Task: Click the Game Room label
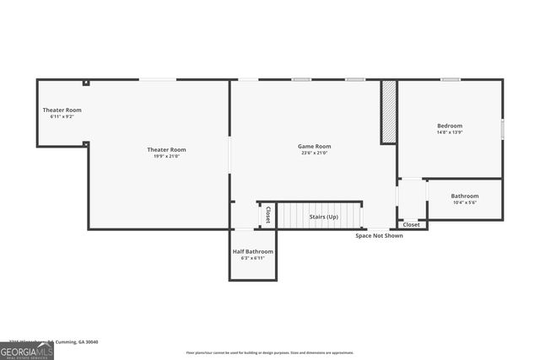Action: coord(314,146)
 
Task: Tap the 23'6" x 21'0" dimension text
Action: coord(314,153)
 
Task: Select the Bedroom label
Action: coord(450,126)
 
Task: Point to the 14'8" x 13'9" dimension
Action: coord(450,132)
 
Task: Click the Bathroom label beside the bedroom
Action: coord(465,196)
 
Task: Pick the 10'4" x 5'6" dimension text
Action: coord(465,202)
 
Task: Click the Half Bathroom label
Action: coord(252,251)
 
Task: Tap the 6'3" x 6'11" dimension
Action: coord(252,258)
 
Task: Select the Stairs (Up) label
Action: coord(323,217)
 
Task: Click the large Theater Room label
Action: coord(166,149)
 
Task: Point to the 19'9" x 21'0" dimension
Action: coord(166,156)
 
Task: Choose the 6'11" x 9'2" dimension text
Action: coord(62,116)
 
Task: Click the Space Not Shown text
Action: coord(379,235)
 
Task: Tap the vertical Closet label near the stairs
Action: coord(268,215)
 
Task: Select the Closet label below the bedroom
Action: coord(411,225)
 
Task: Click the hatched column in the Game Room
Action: coord(388,111)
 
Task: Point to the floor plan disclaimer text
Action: coord(270,352)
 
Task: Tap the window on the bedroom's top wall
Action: coord(450,79)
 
